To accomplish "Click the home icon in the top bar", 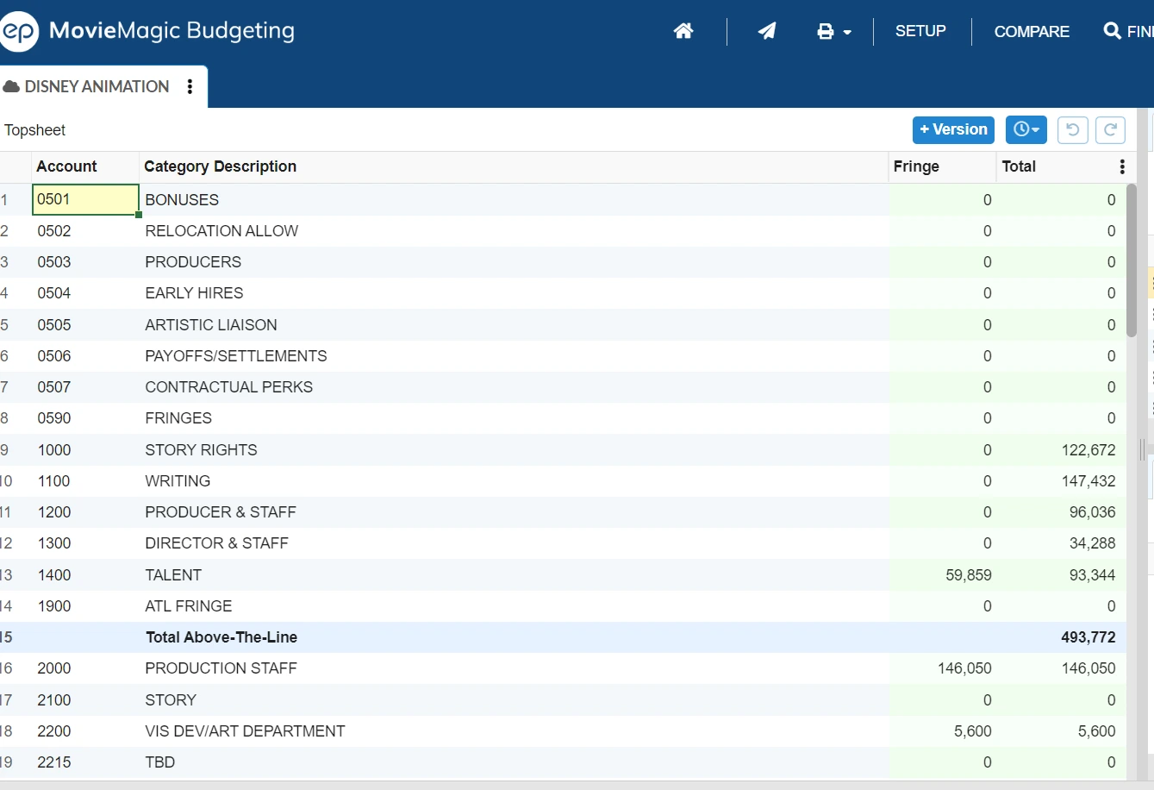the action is (x=683, y=31).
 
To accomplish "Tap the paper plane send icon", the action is (x=766, y=31).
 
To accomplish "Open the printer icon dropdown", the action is (x=833, y=31).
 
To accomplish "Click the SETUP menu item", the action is (x=920, y=31).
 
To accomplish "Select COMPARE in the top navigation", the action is (x=1032, y=31).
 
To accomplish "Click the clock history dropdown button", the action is (x=1026, y=129).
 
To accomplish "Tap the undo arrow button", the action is (x=1073, y=129).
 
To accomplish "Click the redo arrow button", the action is (x=1110, y=129).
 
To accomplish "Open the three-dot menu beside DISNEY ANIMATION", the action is (x=190, y=86).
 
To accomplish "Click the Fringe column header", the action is (x=916, y=166).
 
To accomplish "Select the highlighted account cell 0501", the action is (x=85, y=199).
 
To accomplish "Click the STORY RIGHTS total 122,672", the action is (x=1088, y=449).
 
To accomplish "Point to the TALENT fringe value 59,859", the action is (x=968, y=574).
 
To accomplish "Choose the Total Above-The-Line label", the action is (x=221, y=636).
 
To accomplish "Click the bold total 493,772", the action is (x=1088, y=636).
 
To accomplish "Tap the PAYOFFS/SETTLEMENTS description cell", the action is (x=236, y=356).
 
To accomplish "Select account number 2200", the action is (x=54, y=730).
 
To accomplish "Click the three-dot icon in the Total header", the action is (x=1122, y=166).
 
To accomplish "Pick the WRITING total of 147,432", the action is (x=1088, y=480).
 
